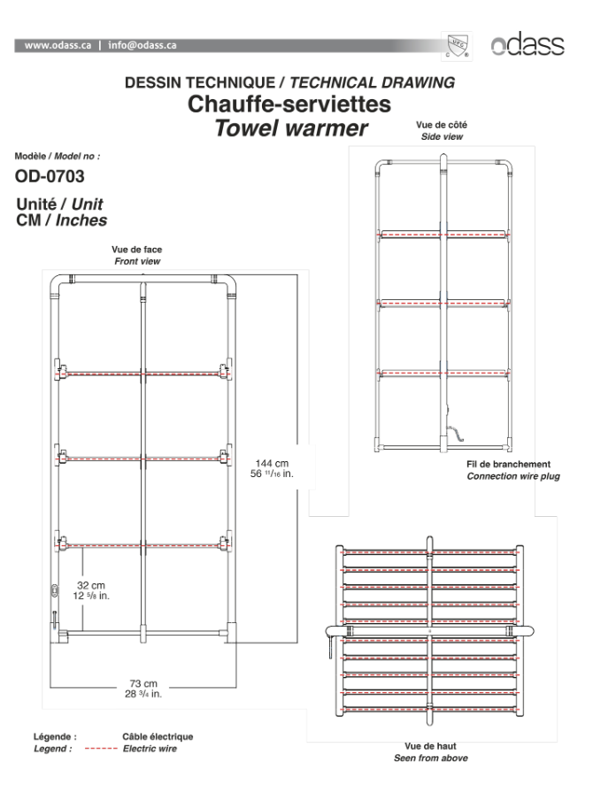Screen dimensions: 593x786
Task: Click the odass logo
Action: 528,44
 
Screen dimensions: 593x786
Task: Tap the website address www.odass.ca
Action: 58,45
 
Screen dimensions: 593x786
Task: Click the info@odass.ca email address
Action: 142,45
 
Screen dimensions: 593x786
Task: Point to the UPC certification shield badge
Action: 457,46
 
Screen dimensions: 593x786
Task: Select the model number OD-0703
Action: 50,176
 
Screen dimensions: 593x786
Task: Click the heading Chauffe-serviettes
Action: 289,104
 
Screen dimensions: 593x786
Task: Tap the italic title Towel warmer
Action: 291,128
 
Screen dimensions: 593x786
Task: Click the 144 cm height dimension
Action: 272,464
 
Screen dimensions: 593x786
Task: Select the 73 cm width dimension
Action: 143,683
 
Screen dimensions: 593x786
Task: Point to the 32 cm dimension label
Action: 91,585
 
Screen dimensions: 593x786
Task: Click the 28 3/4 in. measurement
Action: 143,694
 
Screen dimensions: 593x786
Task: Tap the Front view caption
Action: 137,261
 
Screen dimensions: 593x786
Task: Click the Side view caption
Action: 443,136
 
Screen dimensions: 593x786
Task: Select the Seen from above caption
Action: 431,758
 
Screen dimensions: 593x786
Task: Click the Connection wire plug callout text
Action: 513,476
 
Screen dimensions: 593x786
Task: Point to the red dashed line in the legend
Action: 101,749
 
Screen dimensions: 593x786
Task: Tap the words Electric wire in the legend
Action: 150,749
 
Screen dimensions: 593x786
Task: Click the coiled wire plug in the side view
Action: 454,432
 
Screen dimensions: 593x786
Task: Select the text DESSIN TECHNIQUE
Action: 200,82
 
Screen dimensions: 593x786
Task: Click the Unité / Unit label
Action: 59,204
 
